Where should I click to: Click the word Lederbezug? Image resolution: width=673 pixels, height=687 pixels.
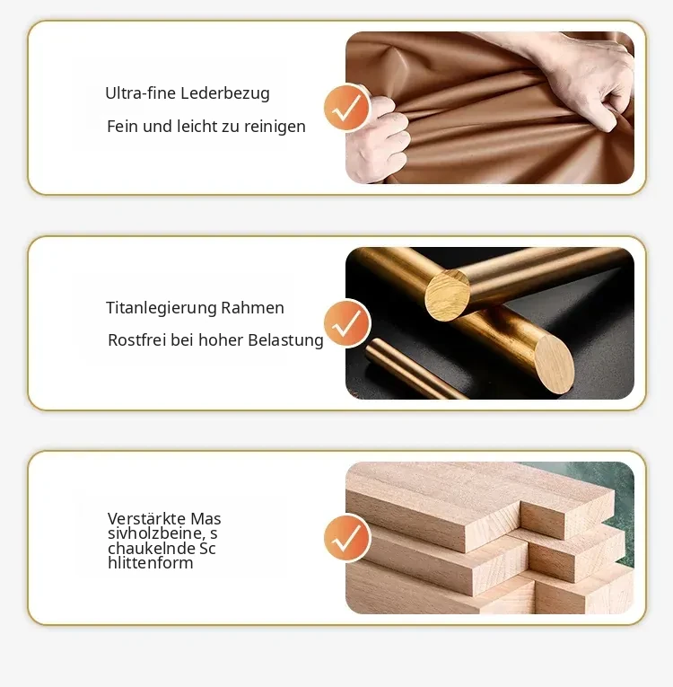(x=224, y=93)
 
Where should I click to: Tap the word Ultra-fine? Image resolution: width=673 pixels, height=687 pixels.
(x=141, y=92)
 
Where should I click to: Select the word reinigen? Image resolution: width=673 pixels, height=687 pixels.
(x=275, y=127)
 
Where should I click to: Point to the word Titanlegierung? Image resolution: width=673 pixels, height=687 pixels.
(x=162, y=308)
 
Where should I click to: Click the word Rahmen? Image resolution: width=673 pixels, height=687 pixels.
(x=253, y=307)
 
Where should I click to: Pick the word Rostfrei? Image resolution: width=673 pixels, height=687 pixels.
(x=137, y=340)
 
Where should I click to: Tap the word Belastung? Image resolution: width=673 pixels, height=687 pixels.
(x=285, y=340)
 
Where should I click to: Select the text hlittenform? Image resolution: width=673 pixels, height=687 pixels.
(x=150, y=563)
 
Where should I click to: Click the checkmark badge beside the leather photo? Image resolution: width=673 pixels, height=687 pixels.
(x=347, y=108)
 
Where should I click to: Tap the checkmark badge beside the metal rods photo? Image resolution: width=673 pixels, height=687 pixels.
(x=347, y=323)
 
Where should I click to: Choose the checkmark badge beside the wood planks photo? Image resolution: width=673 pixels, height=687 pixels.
(x=347, y=538)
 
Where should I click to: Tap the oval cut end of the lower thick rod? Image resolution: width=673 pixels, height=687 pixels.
(x=555, y=365)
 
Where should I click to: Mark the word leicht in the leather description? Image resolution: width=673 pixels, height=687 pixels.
(x=195, y=127)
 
